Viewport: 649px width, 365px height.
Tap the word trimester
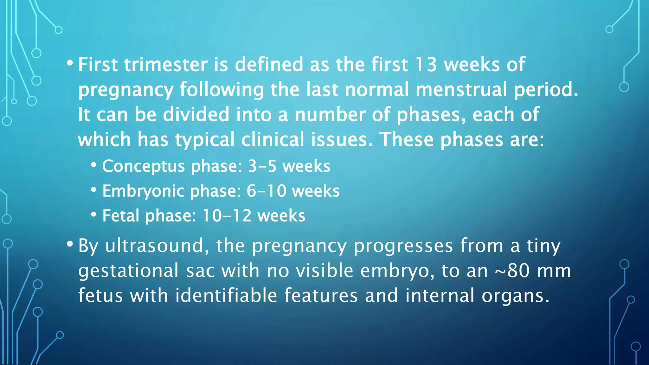coord(166,65)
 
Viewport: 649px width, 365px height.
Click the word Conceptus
coord(143,166)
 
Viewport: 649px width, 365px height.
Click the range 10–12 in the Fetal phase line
coord(227,216)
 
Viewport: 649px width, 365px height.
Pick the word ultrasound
coord(155,246)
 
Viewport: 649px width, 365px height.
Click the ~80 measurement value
coord(513,271)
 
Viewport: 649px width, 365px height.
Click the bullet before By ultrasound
coord(70,244)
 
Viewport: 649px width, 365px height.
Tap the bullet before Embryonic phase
coord(93,190)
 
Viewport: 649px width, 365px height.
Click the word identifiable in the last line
coord(226,296)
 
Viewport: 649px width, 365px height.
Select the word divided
coord(196,114)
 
